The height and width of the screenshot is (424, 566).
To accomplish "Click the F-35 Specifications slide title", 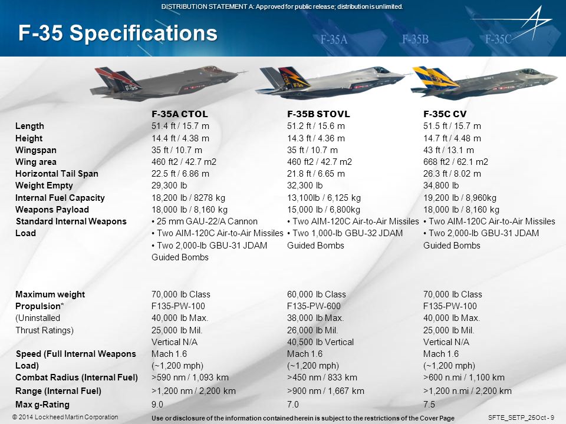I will click(x=117, y=33).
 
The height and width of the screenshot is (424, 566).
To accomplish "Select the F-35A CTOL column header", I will click(x=180, y=114).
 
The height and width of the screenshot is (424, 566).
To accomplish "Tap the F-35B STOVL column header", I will click(x=318, y=114).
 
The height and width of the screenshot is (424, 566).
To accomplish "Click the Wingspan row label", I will click(x=36, y=150).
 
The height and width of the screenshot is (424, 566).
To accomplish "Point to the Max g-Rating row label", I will click(x=42, y=405).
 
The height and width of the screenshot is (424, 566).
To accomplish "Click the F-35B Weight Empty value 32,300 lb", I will click(x=305, y=186).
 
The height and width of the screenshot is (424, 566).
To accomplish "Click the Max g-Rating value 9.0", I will click(x=157, y=405).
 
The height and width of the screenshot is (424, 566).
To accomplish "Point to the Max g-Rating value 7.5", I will click(x=429, y=405).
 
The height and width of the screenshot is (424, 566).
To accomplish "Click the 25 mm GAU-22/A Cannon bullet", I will click(x=205, y=221).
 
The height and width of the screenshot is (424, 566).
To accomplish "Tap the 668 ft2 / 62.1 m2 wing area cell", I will click(x=456, y=162).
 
